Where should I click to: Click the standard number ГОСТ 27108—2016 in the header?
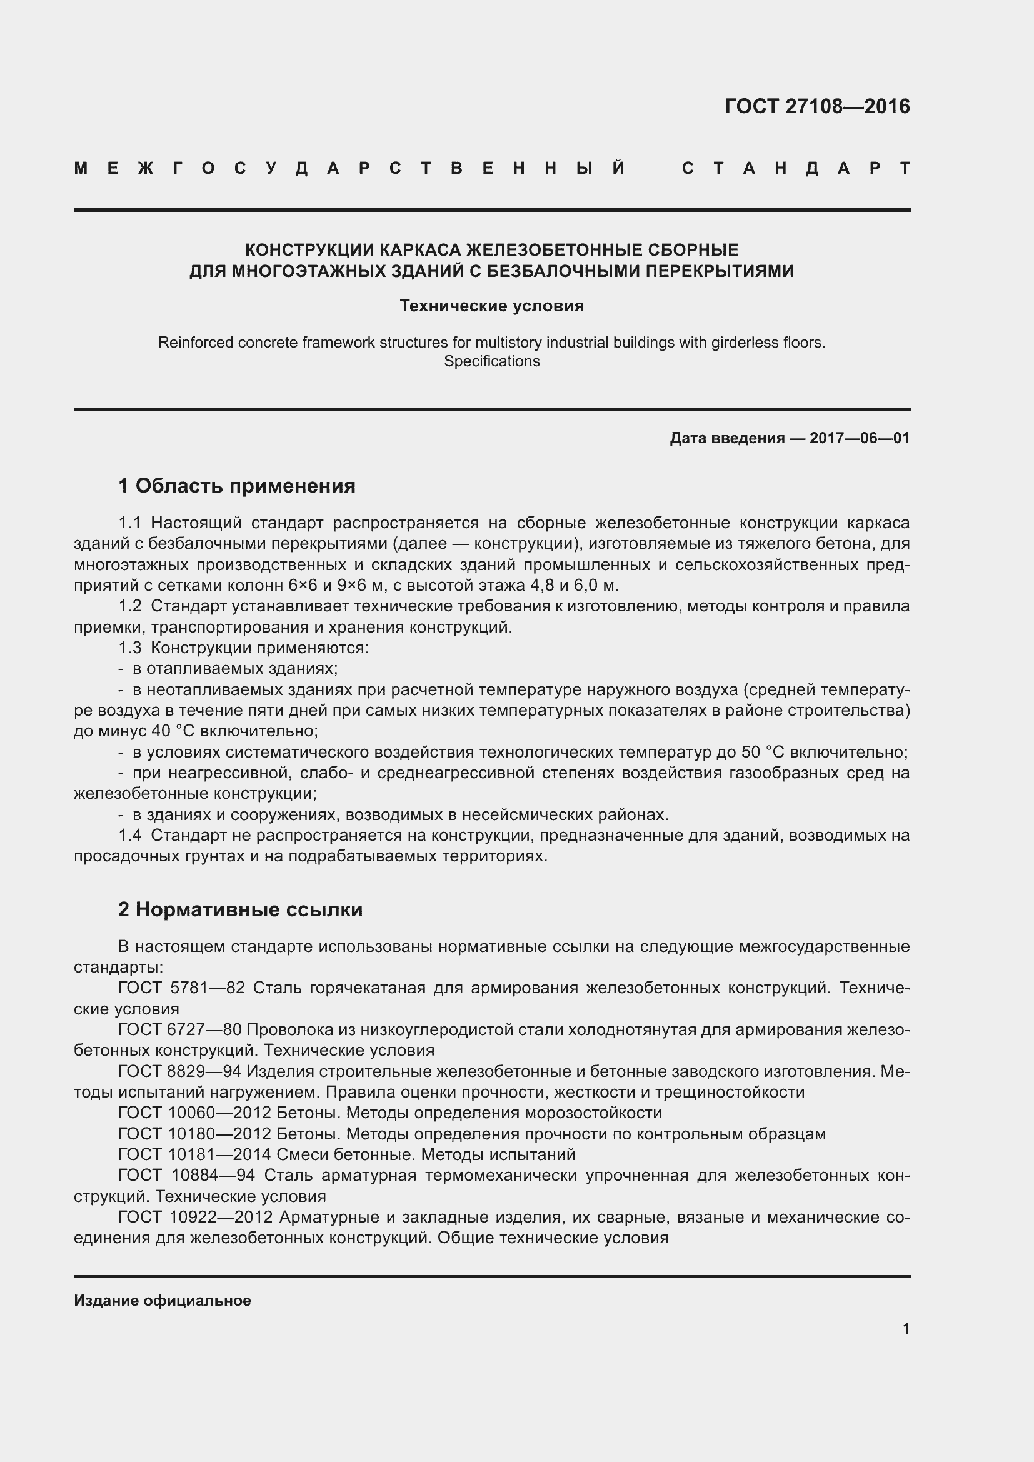coord(817,106)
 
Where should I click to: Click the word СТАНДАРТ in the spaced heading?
coord(796,168)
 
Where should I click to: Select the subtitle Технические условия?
coord(491,306)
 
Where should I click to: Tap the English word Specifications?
coord(491,361)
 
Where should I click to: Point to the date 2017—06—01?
coord(860,438)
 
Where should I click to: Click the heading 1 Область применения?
coord(237,486)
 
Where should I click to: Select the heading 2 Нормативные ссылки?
coord(240,909)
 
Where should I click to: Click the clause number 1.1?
coord(129,523)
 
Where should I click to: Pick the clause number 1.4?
coord(129,835)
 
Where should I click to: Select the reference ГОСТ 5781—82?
coord(181,988)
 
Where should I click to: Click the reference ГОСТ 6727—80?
coord(179,1029)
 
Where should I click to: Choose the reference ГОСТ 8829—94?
coord(179,1072)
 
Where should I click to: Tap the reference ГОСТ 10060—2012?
coord(195,1113)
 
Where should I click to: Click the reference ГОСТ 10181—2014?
coord(195,1154)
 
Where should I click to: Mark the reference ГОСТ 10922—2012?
coord(195,1217)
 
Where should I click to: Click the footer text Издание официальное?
coord(163,1300)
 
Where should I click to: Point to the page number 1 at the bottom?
coord(905,1328)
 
